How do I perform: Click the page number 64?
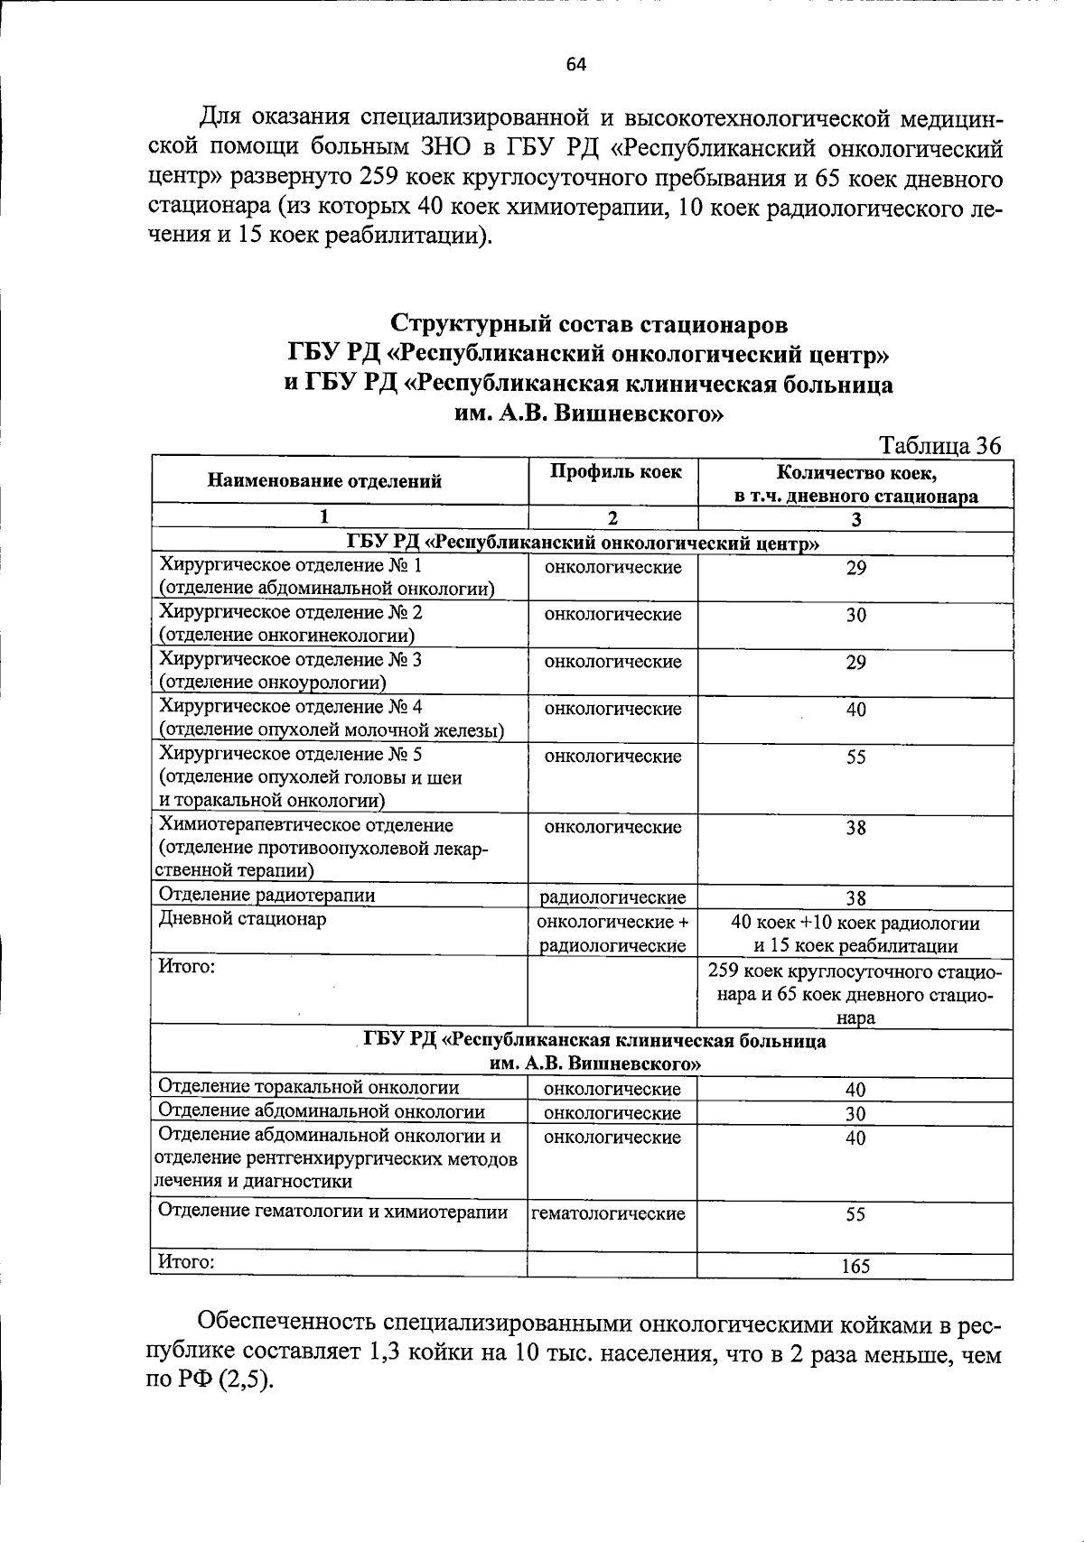[x=576, y=64]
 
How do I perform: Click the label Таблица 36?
[x=939, y=446]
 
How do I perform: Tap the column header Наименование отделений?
[x=324, y=481]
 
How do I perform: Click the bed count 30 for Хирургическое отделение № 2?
[x=855, y=616]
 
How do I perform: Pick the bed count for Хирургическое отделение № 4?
[x=855, y=711]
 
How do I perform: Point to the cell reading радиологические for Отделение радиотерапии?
[x=612, y=897]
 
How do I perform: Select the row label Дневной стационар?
[x=243, y=920]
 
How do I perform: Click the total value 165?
[x=855, y=1267]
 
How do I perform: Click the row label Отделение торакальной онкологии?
[x=308, y=1088]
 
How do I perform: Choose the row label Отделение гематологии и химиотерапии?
[x=332, y=1212]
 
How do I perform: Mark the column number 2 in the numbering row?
[x=612, y=518]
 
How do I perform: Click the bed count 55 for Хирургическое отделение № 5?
[x=855, y=757]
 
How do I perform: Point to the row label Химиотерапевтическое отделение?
[x=306, y=825]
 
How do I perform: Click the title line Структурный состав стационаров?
[x=589, y=323]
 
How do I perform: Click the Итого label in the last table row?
[x=186, y=1262]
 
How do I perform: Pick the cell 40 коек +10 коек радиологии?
[x=855, y=924]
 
